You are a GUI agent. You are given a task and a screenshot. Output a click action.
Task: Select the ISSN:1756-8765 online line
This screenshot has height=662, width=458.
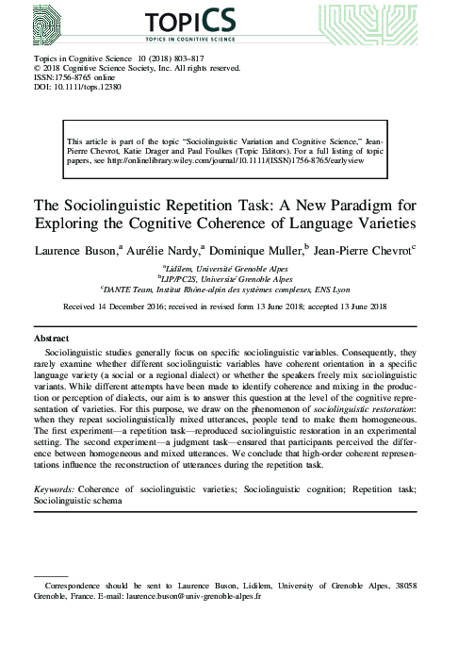73,79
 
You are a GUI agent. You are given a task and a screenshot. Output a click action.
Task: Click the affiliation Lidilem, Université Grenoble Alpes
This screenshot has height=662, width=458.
229,270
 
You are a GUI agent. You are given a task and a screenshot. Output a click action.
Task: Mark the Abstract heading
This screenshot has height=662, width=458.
51,337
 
